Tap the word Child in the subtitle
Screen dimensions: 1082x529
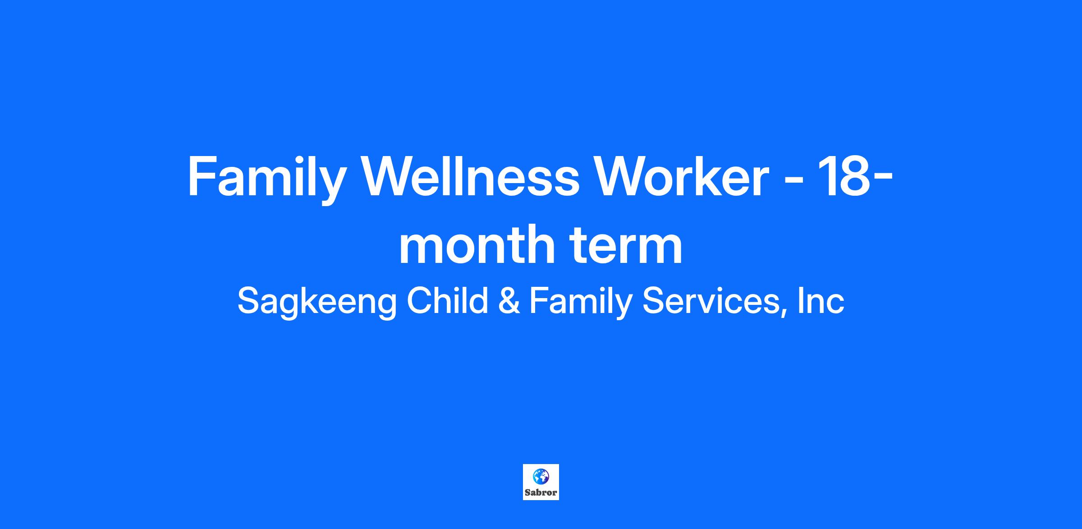point(448,300)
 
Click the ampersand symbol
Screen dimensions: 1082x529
point(509,301)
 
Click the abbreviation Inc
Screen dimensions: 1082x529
point(821,301)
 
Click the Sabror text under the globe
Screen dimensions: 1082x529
point(541,492)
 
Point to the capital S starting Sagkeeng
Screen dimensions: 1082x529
point(249,301)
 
